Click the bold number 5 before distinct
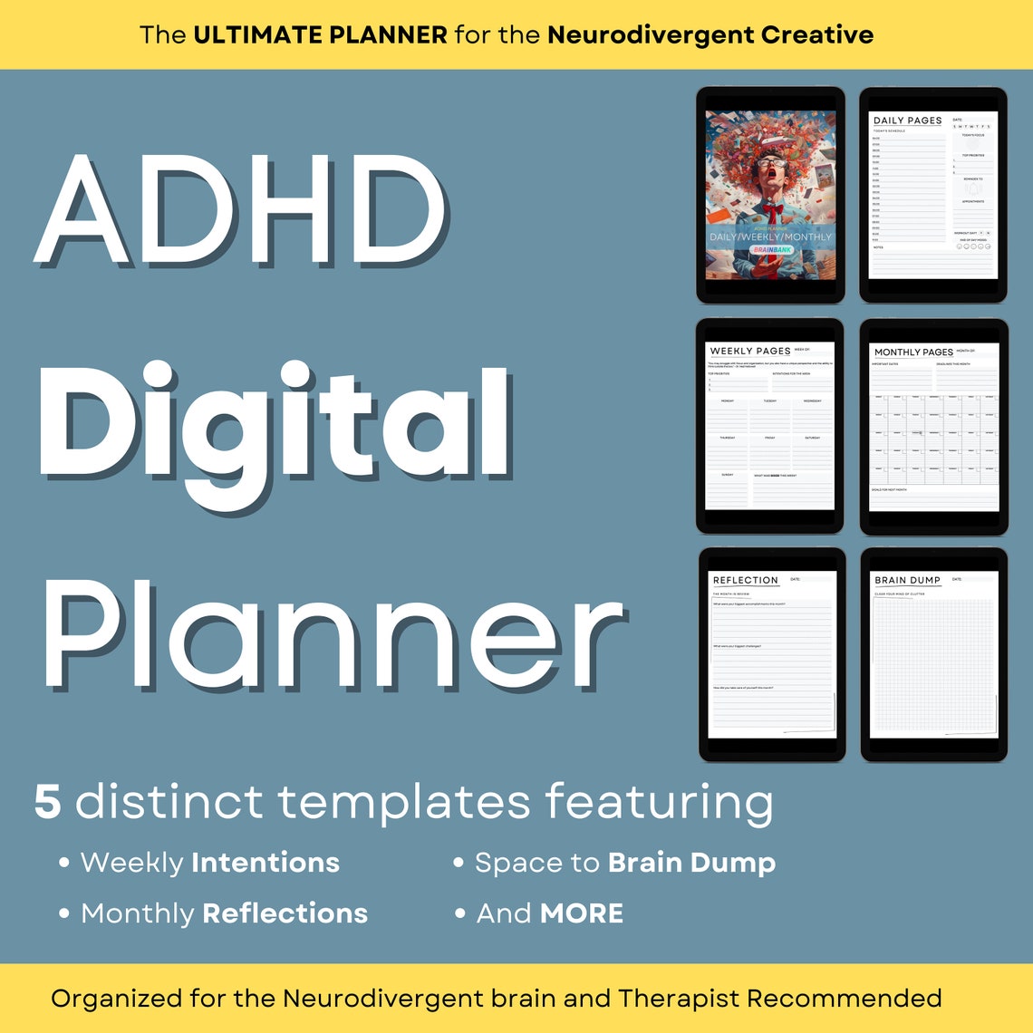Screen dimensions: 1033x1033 pos(48,803)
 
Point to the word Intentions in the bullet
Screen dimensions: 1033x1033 pos(265,863)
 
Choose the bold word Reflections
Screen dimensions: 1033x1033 pos(285,913)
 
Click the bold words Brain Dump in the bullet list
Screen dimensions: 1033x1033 pos(691,863)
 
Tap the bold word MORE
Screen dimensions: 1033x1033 pos(581,913)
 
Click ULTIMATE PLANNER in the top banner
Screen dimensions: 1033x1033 pos(320,35)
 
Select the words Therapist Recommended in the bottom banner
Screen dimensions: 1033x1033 pos(779,999)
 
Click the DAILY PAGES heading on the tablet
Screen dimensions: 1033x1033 pos(907,121)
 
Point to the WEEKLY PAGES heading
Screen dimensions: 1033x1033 pos(749,351)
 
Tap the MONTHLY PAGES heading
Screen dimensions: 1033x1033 pos(912,352)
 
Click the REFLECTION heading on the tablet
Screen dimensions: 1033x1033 pos(745,580)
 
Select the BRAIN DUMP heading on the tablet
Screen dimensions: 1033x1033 pos(907,580)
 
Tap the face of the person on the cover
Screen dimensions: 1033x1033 pos(770,174)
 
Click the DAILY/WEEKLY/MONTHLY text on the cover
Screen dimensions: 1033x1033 pos(770,237)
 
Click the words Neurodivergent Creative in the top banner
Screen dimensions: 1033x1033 pos(710,35)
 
